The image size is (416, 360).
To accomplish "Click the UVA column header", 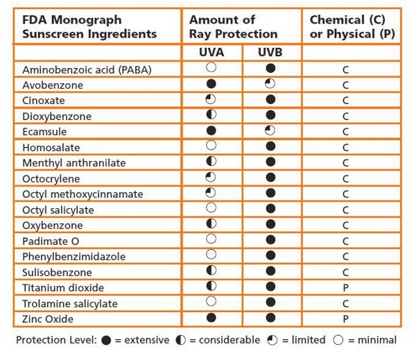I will tap(211, 53).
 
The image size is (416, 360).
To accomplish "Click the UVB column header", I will tap(270, 53).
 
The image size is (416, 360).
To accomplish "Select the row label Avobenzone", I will tap(53, 85).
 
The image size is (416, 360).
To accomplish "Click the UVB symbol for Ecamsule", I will tap(270, 130).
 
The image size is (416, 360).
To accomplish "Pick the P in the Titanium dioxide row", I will tap(345, 287).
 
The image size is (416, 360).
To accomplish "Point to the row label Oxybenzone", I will tap(53, 225).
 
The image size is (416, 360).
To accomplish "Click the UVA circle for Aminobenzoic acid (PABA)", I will tap(211, 68).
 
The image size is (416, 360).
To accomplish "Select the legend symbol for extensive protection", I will tap(105, 340).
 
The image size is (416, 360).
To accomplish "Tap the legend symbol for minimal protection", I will tap(338, 340).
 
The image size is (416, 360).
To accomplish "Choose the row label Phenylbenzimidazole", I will tap(74, 257).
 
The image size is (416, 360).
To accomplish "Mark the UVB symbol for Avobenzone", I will tap(270, 85).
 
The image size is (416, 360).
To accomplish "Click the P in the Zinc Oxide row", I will tap(345, 318).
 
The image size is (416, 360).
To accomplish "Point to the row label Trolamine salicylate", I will tap(70, 303).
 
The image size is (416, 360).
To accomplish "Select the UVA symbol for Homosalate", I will tap(211, 146).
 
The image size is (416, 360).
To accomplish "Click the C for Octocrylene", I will tap(345, 179).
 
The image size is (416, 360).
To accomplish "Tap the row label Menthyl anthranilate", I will tap(74, 163).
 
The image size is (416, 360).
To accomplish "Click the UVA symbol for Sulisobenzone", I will tap(211, 271).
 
